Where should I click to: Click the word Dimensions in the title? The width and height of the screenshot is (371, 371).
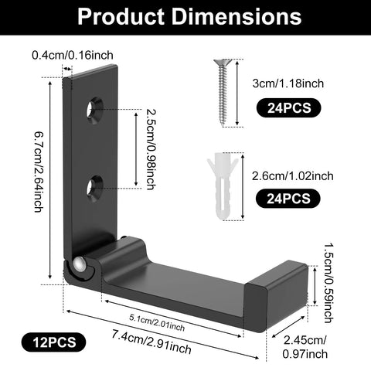click(237, 16)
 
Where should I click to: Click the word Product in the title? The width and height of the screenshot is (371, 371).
click(121, 16)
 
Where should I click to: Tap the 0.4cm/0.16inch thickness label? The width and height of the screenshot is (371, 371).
click(73, 55)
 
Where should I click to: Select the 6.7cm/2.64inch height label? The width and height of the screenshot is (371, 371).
click(39, 172)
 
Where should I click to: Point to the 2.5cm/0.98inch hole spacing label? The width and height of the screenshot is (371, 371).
click(151, 149)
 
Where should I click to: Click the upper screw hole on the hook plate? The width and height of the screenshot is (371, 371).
click(94, 111)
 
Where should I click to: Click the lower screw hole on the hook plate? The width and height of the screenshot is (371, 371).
click(94, 188)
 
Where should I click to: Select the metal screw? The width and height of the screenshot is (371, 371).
click(223, 92)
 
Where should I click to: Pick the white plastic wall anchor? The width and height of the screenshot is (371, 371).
click(223, 186)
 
